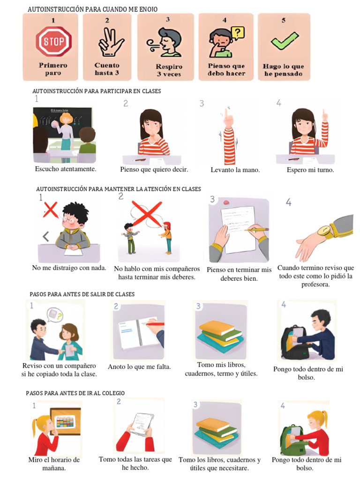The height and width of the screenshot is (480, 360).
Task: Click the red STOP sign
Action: pos(54,42)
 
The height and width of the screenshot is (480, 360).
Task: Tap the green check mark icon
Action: pos(284,41)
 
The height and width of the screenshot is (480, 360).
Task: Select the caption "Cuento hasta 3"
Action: pos(107,69)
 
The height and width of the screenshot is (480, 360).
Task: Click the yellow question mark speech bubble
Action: pos(238,33)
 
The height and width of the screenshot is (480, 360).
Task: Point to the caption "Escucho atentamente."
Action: pos(66,169)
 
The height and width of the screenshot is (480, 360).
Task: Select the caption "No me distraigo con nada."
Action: pos(69,268)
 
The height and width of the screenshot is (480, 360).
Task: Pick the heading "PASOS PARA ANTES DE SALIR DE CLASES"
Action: pos(82,294)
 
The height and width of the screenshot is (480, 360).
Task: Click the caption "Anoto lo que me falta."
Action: pos(139,367)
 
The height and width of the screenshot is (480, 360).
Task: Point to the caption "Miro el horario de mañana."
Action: pos(54,464)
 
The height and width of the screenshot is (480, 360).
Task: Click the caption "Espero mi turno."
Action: pos(310,170)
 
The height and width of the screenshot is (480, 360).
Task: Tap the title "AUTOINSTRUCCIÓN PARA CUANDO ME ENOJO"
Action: pos(92,9)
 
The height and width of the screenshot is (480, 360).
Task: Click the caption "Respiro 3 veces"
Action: pos(169,70)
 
